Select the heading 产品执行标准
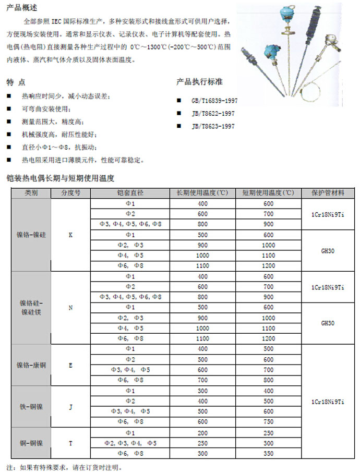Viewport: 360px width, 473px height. click(x=200, y=82)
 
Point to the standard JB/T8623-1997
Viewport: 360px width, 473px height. click(x=213, y=126)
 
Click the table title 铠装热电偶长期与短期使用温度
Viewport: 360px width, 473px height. click(x=59, y=177)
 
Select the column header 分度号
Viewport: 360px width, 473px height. click(x=70, y=192)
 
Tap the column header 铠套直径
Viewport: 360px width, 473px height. click(x=130, y=192)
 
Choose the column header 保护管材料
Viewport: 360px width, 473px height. click(x=327, y=192)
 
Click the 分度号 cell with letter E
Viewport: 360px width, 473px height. click(x=70, y=365)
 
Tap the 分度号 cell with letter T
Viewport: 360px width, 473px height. click(x=70, y=443)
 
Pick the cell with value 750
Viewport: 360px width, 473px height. click(x=268, y=422)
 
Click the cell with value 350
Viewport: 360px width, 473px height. click(x=268, y=453)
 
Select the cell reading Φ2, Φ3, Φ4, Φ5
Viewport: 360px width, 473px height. click(x=130, y=443)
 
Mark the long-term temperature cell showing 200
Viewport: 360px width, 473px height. click(x=202, y=433)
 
